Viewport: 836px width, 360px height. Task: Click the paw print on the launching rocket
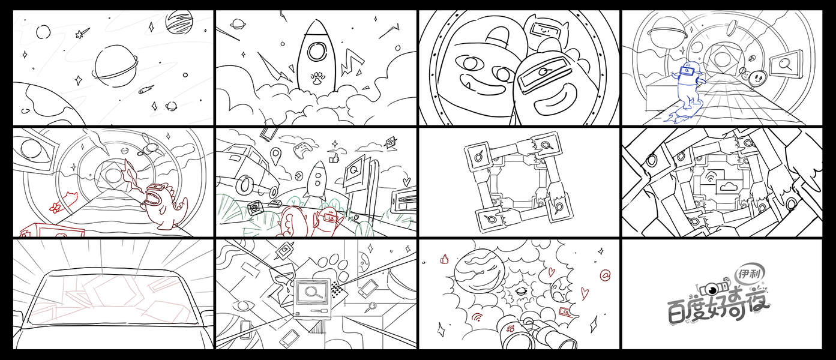317,79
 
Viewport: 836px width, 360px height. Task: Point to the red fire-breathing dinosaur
164,205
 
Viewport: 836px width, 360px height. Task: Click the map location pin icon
275,157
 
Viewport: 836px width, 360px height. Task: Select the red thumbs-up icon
444,259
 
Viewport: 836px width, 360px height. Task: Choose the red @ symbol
605,275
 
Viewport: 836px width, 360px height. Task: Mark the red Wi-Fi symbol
477,317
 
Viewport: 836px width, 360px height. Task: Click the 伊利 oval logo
750,274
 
